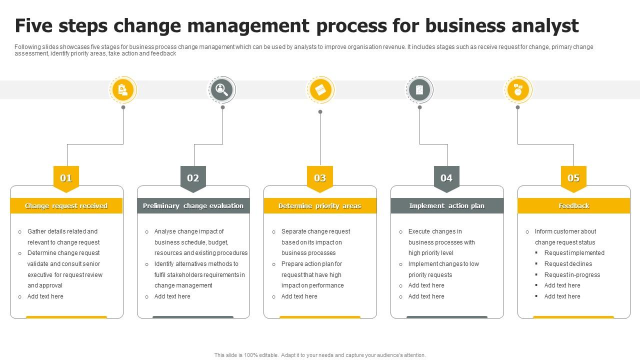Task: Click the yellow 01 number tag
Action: (x=66, y=178)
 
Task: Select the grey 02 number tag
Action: (x=193, y=178)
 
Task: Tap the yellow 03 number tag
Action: (x=320, y=178)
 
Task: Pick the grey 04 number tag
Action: (x=446, y=178)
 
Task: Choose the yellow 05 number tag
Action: (x=573, y=178)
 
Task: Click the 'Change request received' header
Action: (x=66, y=206)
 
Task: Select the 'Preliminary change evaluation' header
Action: (x=193, y=206)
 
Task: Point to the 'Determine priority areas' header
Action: (x=320, y=206)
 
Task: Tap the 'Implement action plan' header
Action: (x=446, y=206)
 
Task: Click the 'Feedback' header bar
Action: (x=573, y=206)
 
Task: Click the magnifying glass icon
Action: (x=221, y=90)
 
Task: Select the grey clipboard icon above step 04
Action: (x=419, y=90)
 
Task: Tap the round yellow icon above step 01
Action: (x=123, y=90)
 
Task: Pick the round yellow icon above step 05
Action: (x=518, y=90)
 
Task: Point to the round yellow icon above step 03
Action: (x=320, y=90)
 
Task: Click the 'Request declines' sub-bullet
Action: (x=568, y=264)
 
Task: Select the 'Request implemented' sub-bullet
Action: (x=574, y=253)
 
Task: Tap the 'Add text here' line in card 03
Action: (x=299, y=296)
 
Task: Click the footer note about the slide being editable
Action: (x=320, y=355)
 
